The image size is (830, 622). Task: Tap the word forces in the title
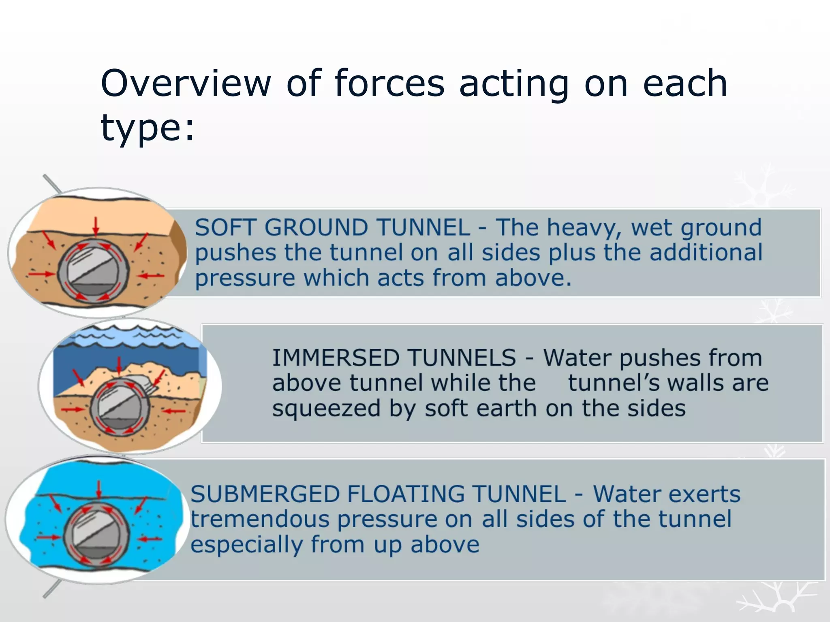point(389,83)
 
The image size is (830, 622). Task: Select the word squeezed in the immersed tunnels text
point(326,408)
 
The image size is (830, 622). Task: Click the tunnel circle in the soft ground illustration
point(94,271)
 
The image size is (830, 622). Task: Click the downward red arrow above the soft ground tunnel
point(96,226)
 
